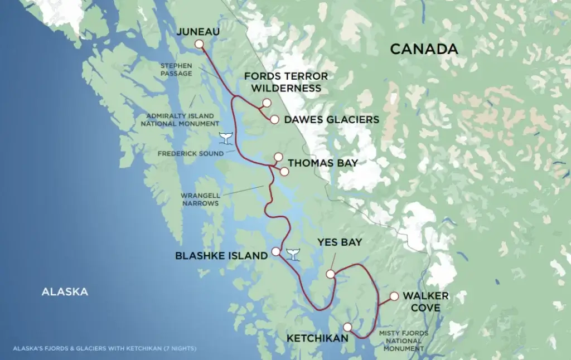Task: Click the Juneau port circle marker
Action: (199, 45)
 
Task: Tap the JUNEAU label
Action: (198, 32)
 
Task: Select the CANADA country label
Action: (424, 49)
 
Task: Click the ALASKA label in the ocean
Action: (65, 291)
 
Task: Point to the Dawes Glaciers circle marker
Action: (274, 119)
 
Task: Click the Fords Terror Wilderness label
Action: (286, 82)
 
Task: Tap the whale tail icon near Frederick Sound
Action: (226, 137)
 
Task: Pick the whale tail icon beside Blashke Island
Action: (293, 254)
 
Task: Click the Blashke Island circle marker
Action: (275, 251)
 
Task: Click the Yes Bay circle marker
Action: (330, 274)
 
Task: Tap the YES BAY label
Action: (340, 242)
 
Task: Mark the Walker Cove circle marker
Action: (394, 296)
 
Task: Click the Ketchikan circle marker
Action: (347, 327)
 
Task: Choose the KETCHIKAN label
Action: (317, 338)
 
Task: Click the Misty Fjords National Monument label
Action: (404, 340)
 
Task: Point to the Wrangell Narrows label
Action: (199, 200)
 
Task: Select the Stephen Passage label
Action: (176, 69)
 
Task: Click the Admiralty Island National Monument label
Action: (180, 119)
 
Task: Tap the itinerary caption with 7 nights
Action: (104, 349)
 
